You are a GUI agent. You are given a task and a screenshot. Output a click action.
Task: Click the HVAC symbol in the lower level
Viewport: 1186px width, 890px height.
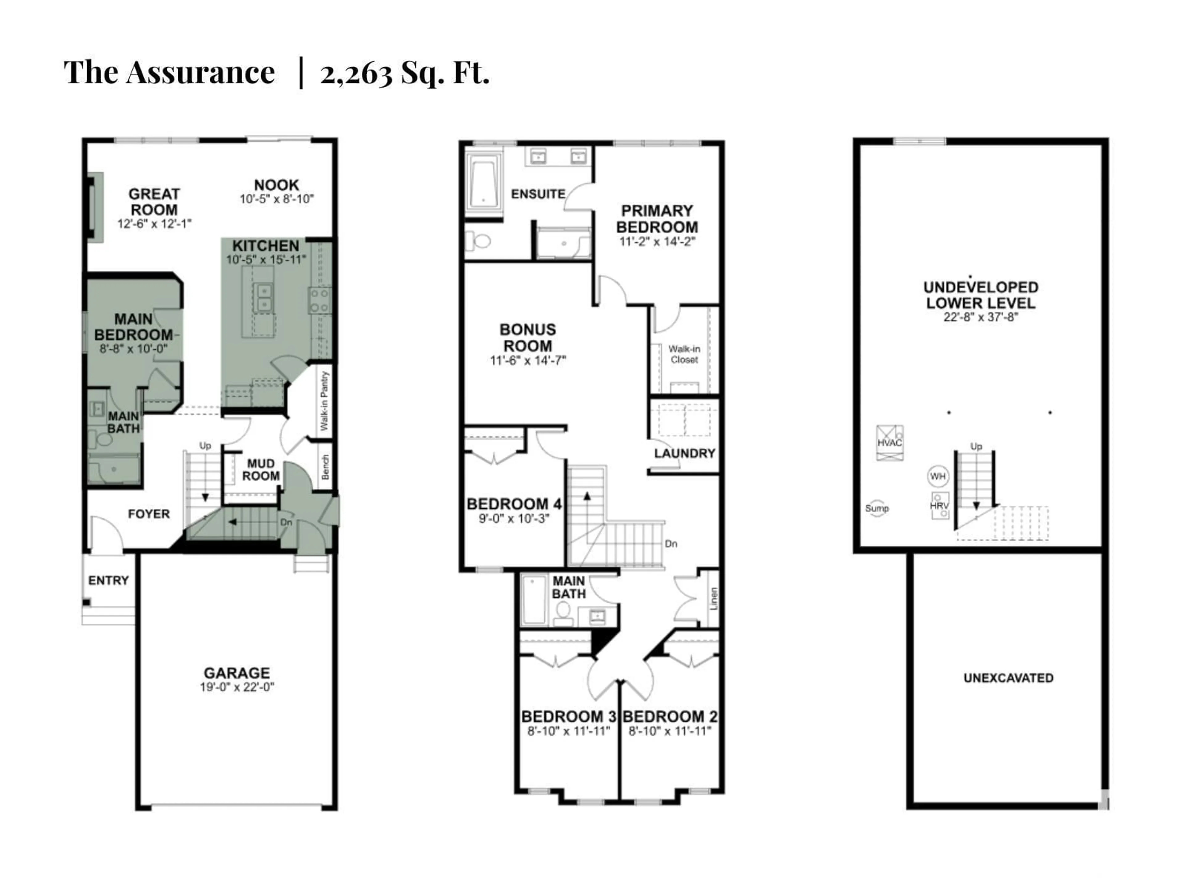click(x=889, y=443)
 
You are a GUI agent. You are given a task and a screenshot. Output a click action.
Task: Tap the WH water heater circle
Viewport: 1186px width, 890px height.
click(x=938, y=476)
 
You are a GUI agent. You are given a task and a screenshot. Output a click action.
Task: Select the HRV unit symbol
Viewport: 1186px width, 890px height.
click(x=939, y=505)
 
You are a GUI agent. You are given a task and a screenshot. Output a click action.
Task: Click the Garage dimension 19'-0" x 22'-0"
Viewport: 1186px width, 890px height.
click(x=237, y=687)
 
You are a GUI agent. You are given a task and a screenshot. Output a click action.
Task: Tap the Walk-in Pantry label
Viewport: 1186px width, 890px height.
click(x=324, y=401)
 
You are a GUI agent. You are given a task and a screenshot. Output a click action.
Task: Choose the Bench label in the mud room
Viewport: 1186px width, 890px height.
click(x=325, y=467)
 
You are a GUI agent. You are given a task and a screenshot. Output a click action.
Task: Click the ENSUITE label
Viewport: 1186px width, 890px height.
click(x=538, y=194)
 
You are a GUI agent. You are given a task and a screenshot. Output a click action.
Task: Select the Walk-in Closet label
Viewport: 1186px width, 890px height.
click(x=684, y=354)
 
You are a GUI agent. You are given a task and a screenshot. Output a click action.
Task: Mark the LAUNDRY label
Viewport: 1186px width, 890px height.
click(x=685, y=453)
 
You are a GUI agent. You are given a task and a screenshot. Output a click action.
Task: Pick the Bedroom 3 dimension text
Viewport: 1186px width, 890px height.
click(x=569, y=731)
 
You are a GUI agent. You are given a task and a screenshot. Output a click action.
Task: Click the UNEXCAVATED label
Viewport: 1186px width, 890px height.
click(x=1008, y=678)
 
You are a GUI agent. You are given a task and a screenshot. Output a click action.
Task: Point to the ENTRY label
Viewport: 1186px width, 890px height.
click(x=108, y=580)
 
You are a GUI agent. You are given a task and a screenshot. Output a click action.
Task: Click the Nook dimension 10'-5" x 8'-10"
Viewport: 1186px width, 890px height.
click(x=277, y=199)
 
